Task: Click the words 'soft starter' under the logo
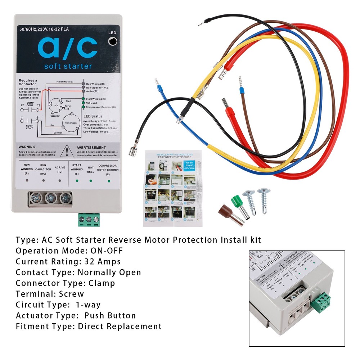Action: click(x=68, y=66)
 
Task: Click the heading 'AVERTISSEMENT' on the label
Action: click(x=91, y=148)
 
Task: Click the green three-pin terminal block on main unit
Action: click(x=88, y=219)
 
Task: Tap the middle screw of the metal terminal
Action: click(x=51, y=198)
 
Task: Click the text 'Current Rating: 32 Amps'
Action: click(x=68, y=261)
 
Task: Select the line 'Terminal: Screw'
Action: click(x=50, y=294)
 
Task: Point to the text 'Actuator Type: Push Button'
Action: click(x=76, y=316)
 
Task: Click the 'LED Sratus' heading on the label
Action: click(x=93, y=116)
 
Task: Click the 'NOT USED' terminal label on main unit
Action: click(x=91, y=169)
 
